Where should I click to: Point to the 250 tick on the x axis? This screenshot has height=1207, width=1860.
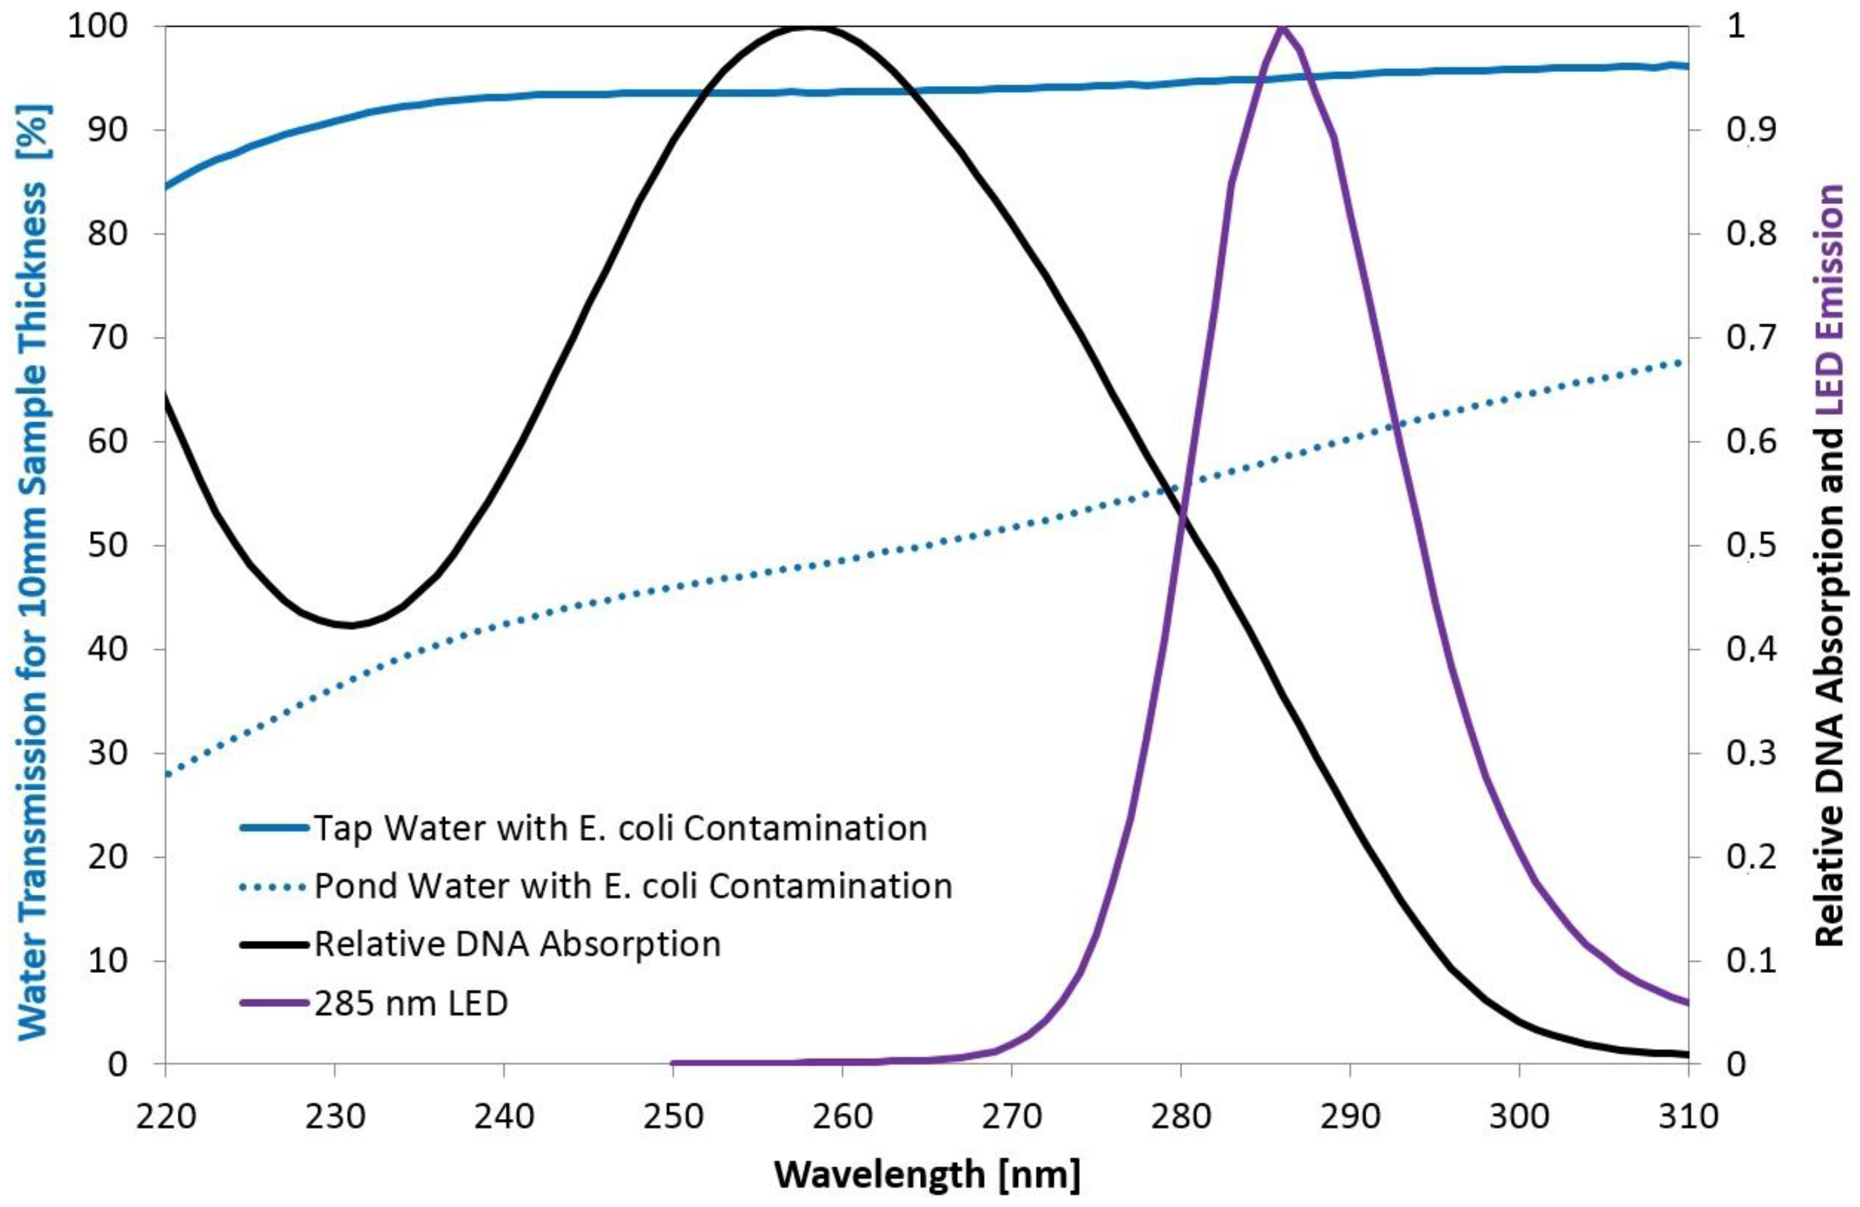tap(673, 1116)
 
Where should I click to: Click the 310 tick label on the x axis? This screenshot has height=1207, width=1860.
tap(1688, 1116)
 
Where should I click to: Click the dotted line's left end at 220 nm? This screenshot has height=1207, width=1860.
tap(167, 774)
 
